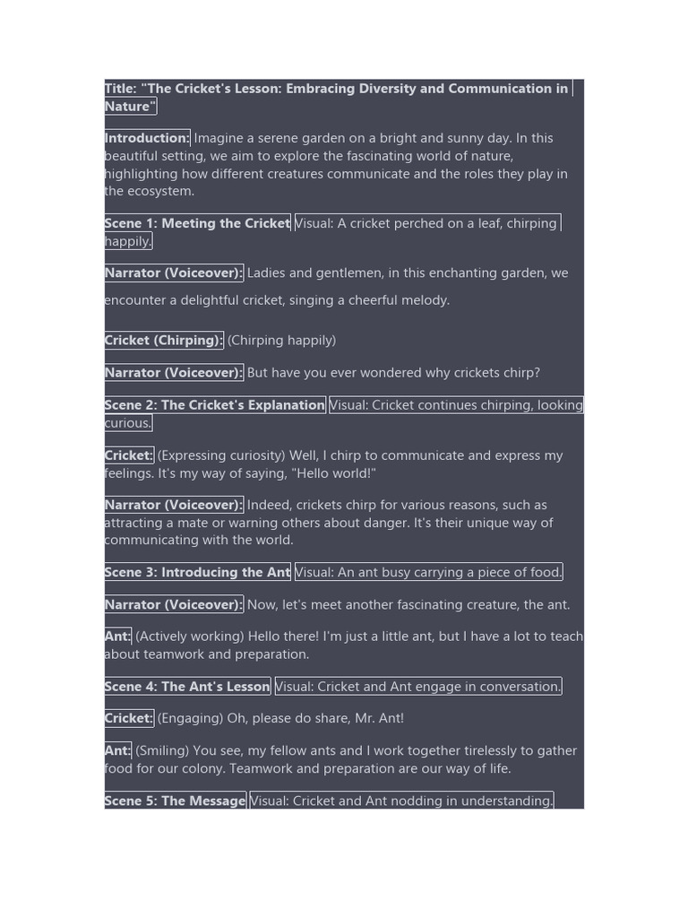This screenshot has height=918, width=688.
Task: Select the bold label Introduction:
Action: tap(147, 138)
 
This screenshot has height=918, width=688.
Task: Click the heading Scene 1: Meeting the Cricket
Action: tap(197, 223)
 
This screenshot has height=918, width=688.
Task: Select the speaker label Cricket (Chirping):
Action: tap(164, 341)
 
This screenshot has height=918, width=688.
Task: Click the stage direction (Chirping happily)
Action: tap(281, 341)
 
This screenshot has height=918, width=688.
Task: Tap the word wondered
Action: tap(399, 373)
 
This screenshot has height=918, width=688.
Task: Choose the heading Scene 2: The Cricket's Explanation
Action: tap(215, 405)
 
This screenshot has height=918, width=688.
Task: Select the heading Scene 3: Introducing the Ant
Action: tap(197, 572)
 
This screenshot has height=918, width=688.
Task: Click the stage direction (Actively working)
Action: tap(190, 637)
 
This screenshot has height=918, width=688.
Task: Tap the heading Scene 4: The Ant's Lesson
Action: tap(187, 687)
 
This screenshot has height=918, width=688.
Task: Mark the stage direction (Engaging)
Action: tap(190, 718)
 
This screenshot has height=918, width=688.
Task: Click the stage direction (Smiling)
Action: tap(162, 750)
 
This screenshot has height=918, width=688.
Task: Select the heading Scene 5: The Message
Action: tap(175, 801)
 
